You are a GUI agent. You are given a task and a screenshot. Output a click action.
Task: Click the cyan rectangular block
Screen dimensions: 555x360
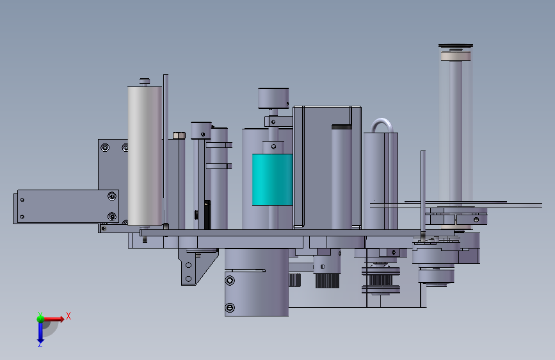(272, 179)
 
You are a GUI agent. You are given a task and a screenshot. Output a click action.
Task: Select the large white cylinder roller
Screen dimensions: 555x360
(145, 156)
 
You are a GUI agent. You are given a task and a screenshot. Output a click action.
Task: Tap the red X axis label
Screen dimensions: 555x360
(68, 316)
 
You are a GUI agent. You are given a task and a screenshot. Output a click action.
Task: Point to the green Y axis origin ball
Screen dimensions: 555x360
(40, 319)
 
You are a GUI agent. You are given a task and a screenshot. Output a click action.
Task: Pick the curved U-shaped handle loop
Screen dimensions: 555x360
(382, 125)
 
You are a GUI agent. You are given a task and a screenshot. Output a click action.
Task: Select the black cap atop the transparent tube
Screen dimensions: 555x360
(456, 46)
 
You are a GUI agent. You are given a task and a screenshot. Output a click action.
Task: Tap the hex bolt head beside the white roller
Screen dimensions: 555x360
(179, 135)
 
